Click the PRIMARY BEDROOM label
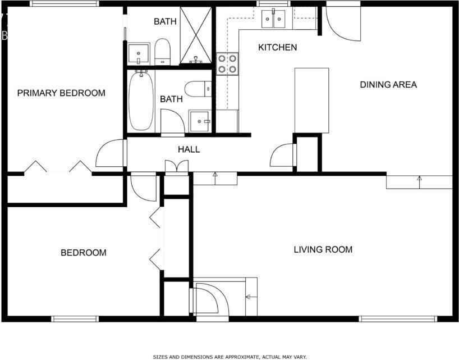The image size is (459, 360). (61, 93)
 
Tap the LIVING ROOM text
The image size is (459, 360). (323, 249)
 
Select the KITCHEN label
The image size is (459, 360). (277, 47)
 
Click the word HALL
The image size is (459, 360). (189, 149)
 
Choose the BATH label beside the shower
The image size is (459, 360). (165, 22)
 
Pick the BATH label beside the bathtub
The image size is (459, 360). (171, 99)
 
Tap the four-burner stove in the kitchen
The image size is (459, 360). (227, 63)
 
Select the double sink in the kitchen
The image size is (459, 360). (273, 19)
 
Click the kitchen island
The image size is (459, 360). (311, 100)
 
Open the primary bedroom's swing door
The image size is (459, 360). (111, 154)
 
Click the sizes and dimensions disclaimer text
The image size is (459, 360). (229, 356)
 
